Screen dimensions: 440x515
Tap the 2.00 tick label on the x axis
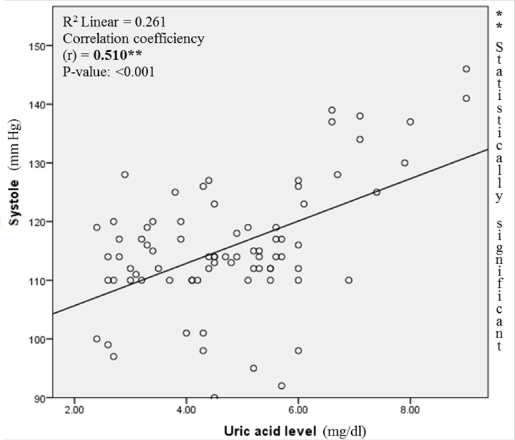pos(74,409)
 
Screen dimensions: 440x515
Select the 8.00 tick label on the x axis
pos(410,409)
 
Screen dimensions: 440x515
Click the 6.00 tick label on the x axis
pos(298,409)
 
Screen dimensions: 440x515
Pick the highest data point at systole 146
pos(466,69)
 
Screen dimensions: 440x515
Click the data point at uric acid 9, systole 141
pos(466,98)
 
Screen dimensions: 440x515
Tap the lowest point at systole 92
pos(282,386)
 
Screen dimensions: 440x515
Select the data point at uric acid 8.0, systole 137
pos(410,122)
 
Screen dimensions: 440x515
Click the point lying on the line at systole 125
pos(377,192)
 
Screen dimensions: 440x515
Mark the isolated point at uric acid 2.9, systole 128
pos(125,175)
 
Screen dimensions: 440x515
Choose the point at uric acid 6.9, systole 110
pos(349,280)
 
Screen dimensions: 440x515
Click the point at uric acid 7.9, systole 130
pos(405,163)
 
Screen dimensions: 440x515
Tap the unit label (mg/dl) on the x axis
pos(347,430)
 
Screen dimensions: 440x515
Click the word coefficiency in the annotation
pos(171,39)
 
